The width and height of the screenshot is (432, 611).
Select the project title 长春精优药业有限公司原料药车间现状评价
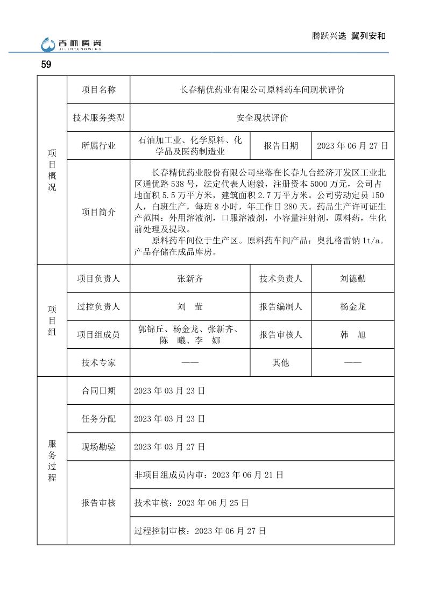(x=262, y=90)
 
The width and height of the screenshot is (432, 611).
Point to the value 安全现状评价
(x=262, y=118)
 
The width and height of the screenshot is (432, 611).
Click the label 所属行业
(x=98, y=146)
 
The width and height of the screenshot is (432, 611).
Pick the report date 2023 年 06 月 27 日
(x=352, y=146)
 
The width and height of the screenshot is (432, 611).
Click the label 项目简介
(x=98, y=212)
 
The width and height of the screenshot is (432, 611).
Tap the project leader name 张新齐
(x=190, y=279)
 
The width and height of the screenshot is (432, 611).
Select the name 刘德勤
(x=352, y=279)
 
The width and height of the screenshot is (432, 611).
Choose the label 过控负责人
(x=98, y=307)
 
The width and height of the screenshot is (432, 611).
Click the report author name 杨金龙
(x=352, y=307)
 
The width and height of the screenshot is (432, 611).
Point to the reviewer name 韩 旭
(x=352, y=335)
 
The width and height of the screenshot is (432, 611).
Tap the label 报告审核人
(x=280, y=335)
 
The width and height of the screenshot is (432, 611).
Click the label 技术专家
(x=98, y=363)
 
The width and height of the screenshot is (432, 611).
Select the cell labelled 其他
(x=280, y=363)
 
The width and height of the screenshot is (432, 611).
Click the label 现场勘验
(x=98, y=447)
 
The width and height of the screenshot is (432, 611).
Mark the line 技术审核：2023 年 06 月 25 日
(x=191, y=503)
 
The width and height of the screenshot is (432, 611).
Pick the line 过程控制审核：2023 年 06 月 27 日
(x=200, y=531)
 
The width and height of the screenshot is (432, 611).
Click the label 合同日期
(x=98, y=391)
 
